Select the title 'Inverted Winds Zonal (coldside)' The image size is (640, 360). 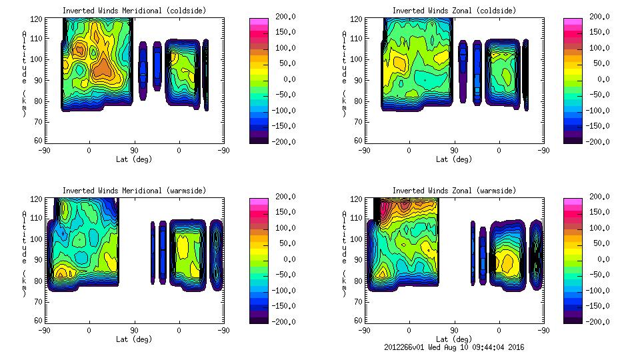pos(454,11)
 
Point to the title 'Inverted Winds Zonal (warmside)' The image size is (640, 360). pos(454,191)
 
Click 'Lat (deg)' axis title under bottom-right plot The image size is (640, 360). pos(454,339)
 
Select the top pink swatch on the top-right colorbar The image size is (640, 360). pos(573,23)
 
